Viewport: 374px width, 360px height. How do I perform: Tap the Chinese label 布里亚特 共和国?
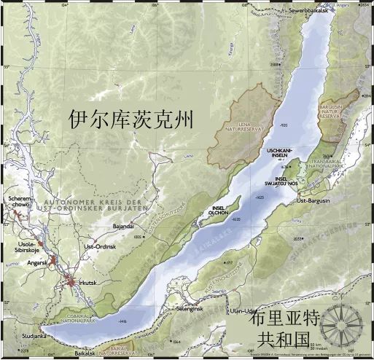(283, 328)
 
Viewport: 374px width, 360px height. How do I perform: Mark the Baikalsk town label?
(87, 353)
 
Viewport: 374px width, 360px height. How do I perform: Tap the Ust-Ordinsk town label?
(98, 247)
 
